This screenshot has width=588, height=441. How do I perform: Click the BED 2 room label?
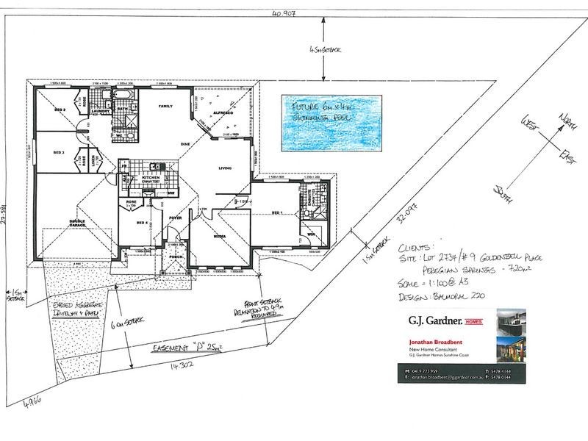pos(61,110)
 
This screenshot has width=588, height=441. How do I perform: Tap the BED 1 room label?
pos(277,212)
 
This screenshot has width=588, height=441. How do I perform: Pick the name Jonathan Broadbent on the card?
pos(434,343)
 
